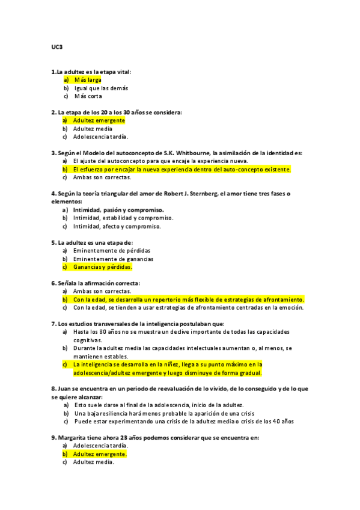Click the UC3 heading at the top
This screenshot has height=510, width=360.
[56, 47]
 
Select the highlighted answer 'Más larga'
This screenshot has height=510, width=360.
[88, 80]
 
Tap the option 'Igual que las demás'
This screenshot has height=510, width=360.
[100, 88]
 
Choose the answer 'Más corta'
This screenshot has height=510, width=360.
[88, 96]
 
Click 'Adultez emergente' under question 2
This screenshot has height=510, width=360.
[99, 120]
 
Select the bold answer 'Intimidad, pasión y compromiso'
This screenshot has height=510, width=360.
[118, 210]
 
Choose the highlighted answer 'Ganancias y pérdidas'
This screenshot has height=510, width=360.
[102, 266]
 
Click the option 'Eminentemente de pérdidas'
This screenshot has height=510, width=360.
[112, 250]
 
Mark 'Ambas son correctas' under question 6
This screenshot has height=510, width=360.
[102, 291]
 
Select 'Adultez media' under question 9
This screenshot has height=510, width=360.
[93, 462]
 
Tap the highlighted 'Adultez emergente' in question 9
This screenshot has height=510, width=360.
[100, 454]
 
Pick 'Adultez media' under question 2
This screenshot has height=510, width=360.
[93, 129]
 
